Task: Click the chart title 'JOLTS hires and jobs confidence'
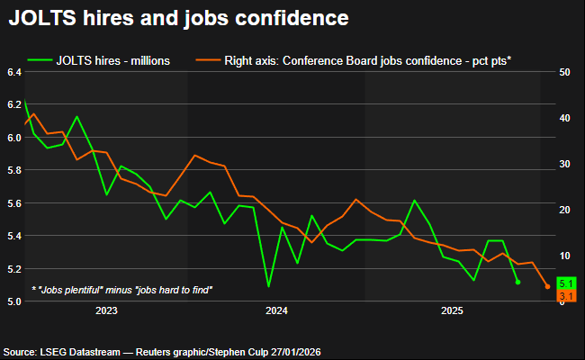click(179, 17)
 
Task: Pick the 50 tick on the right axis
click(563, 72)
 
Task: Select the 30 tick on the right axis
click(563, 164)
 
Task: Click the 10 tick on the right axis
click(563, 256)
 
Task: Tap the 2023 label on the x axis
click(106, 311)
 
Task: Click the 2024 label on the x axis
click(277, 311)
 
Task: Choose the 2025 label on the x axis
click(452, 311)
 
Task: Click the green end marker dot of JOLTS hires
click(517, 282)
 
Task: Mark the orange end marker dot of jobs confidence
click(547, 287)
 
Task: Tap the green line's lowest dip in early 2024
click(268, 286)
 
